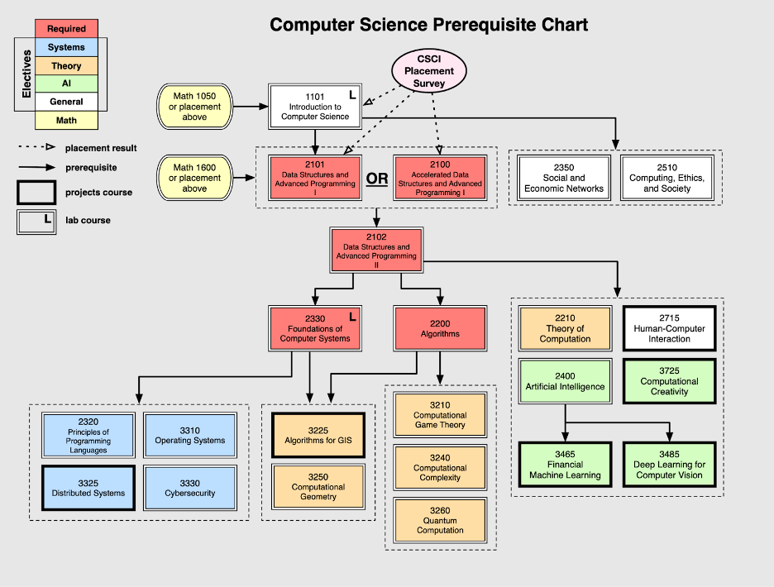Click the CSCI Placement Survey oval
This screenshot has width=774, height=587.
pos(429,71)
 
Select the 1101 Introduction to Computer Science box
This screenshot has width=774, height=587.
pos(315,107)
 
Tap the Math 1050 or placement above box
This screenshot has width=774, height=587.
pos(194,107)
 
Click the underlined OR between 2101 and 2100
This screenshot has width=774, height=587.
pos(377,179)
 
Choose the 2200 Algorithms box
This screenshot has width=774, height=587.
pos(440,328)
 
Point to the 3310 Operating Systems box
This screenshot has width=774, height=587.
pos(190,435)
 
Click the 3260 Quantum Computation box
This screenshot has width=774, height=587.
pos(440,525)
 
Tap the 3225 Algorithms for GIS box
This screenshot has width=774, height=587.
pos(318,435)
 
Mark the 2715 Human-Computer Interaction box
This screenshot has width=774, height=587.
pos(669,328)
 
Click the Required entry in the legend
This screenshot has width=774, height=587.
pos(66,29)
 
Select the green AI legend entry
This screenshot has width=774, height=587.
pos(66,84)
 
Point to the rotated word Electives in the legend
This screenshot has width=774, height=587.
pos(26,74)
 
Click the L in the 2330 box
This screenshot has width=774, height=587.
pos(352,316)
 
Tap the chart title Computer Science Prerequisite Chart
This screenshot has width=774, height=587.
pos(429,25)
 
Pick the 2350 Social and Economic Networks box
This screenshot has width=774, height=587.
pos(564,178)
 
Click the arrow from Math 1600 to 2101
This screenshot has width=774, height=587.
pos(249,178)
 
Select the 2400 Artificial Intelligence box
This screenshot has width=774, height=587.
pos(565,381)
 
